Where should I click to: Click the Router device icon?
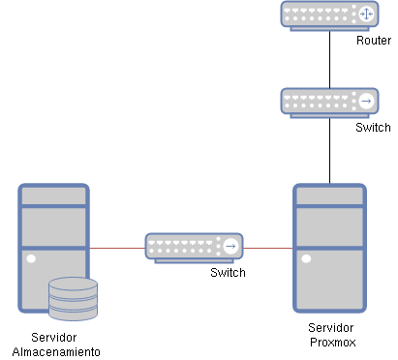(329, 15)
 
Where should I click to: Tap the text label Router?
(373, 41)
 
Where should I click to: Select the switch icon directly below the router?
(329, 102)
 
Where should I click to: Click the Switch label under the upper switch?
(373, 128)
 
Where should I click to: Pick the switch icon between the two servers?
(195, 247)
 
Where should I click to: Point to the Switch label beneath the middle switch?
(228, 273)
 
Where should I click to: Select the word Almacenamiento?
(55, 350)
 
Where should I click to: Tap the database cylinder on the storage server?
(74, 299)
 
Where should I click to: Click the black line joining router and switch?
(329, 58)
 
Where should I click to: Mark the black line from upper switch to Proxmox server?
(329, 150)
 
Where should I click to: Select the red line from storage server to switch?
(117, 248)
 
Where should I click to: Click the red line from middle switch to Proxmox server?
(268, 248)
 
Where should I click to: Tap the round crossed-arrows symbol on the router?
(366, 15)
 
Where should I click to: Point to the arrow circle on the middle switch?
(230, 247)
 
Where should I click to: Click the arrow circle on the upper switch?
(366, 102)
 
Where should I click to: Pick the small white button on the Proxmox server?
(307, 258)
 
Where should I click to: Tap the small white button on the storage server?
(32, 258)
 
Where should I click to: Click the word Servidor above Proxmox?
(330, 328)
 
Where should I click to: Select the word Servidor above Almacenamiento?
(54, 337)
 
